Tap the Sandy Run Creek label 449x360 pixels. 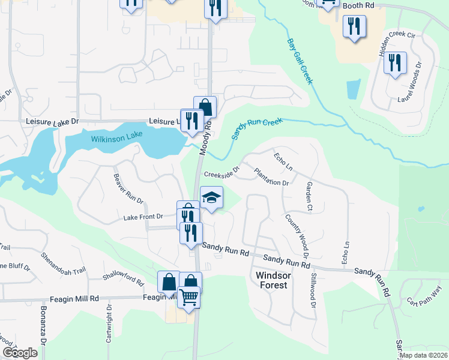pyautogui.click(x=257, y=129)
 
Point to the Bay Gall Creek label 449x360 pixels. pyautogui.click(x=300, y=62)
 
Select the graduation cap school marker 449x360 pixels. pyautogui.click(x=211, y=198)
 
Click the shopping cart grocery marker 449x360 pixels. pyautogui.click(x=188, y=297)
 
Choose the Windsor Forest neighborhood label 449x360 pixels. pyautogui.click(x=273, y=280)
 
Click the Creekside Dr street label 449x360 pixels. pyautogui.click(x=221, y=174)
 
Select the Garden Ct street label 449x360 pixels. pyautogui.click(x=310, y=197)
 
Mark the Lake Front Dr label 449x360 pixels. pyautogui.click(x=143, y=217)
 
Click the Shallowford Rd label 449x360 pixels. pyautogui.click(x=123, y=279)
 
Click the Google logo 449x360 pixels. pyautogui.click(x=20, y=353)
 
